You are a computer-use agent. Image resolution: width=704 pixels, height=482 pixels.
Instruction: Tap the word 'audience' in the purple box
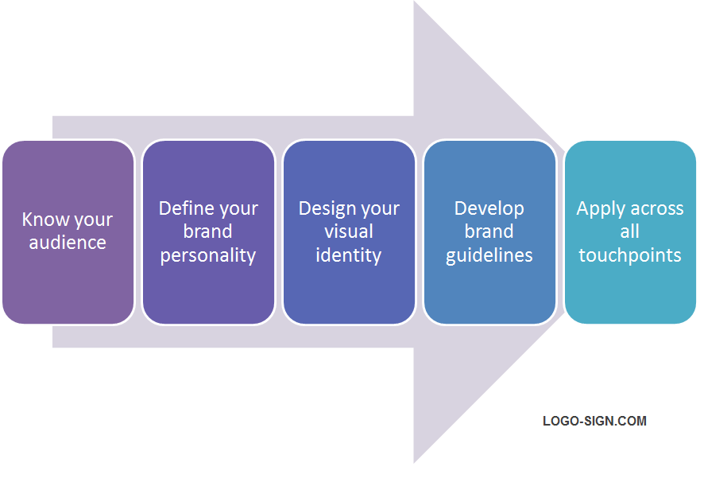[68, 243]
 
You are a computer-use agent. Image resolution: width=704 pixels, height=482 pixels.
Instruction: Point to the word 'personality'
[208, 255]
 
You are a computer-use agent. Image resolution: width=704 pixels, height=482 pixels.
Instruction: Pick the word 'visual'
[349, 231]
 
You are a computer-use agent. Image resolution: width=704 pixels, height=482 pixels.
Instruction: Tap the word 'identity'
[349, 255]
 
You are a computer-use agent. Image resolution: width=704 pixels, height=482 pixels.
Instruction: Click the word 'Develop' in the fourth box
[489, 208]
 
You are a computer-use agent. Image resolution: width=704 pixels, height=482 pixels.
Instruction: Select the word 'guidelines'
[489, 255]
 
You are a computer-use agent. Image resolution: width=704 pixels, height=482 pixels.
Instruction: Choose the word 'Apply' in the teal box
[601, 208]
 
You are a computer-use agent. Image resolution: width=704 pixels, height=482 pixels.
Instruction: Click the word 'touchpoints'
[630, 255]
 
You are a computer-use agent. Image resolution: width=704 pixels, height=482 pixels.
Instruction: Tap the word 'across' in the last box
[657, 208]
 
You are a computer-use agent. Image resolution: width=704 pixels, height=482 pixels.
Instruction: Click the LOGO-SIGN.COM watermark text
[594, 421]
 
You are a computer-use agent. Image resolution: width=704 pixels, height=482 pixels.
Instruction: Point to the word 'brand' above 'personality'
[208, 231]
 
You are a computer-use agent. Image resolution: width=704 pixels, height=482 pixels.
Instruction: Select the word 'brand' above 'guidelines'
[489, 231]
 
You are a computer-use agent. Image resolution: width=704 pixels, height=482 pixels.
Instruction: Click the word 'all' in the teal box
[630, 231]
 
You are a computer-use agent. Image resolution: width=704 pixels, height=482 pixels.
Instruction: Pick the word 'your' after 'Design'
[380, 209]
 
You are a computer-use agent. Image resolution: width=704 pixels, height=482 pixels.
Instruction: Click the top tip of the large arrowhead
[415, 3]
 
